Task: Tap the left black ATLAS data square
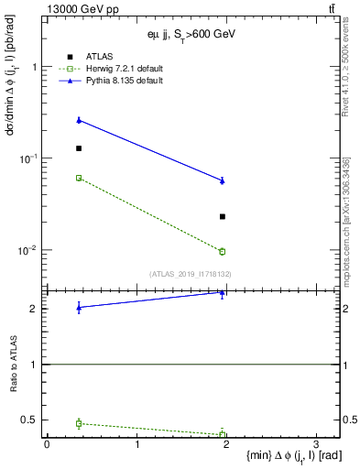79,148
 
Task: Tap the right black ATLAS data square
223,216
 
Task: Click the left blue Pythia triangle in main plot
79,120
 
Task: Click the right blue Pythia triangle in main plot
223,180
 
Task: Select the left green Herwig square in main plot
79,178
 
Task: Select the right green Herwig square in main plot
223,251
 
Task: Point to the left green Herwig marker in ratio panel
79,423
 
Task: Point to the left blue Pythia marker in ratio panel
79,308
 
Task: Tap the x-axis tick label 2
226,443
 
